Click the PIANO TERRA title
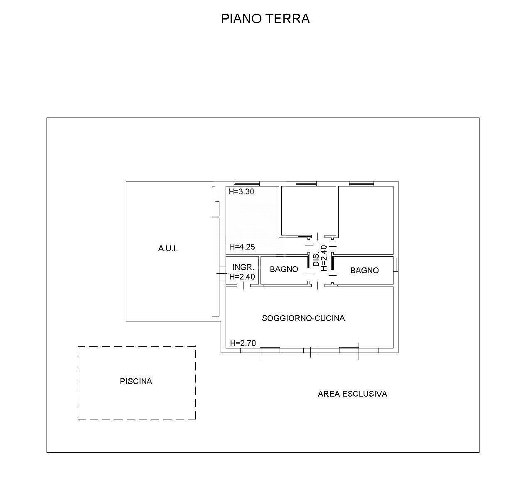point(265,19)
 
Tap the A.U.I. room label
point(168,249)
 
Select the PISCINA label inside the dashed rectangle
point(136,381)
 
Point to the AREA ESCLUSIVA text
point(352,394)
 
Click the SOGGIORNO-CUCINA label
point(303,318)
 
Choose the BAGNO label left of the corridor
point(284,269)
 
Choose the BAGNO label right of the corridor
point(364,270)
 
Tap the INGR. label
point(243,267)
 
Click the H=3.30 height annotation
point(241,192)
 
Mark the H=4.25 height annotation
point(241,247)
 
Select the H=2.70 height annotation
point(243,343)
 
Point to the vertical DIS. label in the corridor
point(316,258)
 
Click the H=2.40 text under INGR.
point(242,277)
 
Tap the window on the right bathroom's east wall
point(396,265)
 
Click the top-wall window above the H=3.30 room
point(247,184)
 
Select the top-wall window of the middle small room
point(306,184)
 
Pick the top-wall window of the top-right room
point(361,184)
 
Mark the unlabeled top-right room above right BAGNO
point(366,219)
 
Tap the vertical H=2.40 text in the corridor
point(324,258)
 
